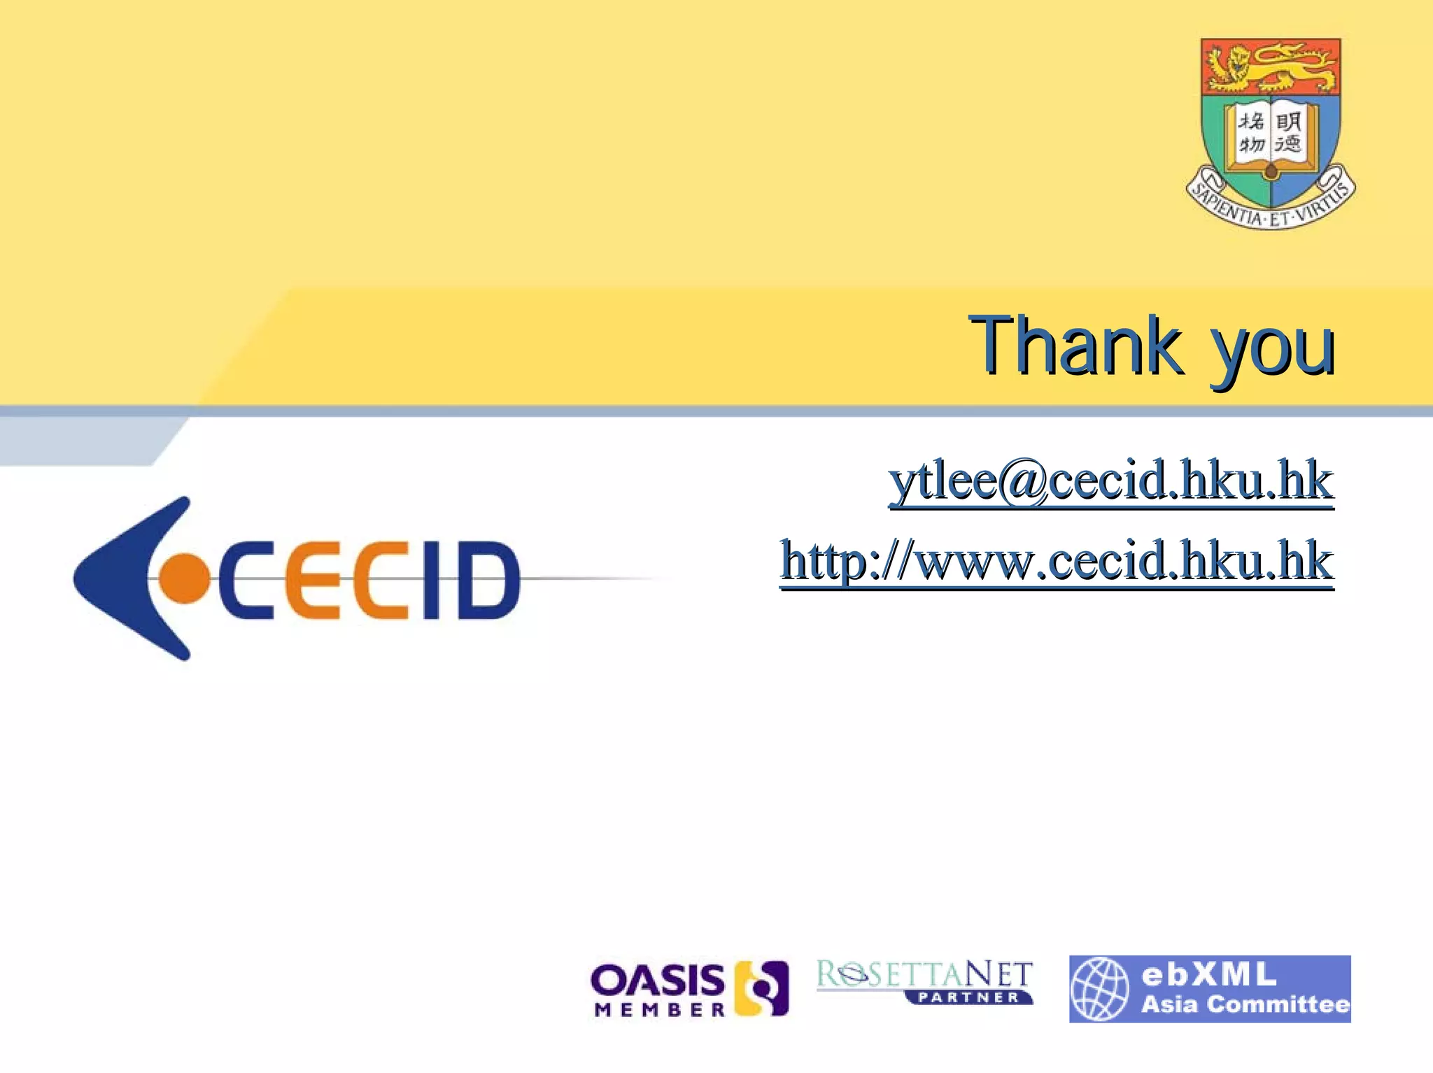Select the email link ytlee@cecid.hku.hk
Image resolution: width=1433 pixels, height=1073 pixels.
pos(1111,481)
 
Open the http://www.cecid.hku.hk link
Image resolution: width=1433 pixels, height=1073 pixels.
pos(1057,561)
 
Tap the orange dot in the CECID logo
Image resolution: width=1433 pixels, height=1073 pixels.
pos(184,578)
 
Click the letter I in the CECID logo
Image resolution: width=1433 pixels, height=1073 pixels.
pos(432,581)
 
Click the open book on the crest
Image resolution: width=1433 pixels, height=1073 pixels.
pos(1270,136)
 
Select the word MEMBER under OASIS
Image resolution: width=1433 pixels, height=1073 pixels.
pos(660,1009)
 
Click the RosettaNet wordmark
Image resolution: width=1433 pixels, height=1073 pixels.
pos(924,974)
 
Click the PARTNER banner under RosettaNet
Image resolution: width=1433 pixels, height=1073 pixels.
pos(969,997)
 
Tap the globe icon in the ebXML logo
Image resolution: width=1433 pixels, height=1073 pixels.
pos(1100,988)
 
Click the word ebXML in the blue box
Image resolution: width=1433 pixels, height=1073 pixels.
pos(1208,974)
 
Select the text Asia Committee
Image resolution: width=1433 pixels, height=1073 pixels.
pos(1245,1004)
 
